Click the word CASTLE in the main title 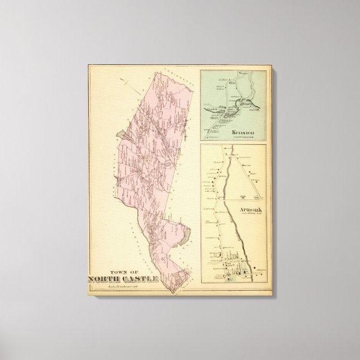140,280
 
